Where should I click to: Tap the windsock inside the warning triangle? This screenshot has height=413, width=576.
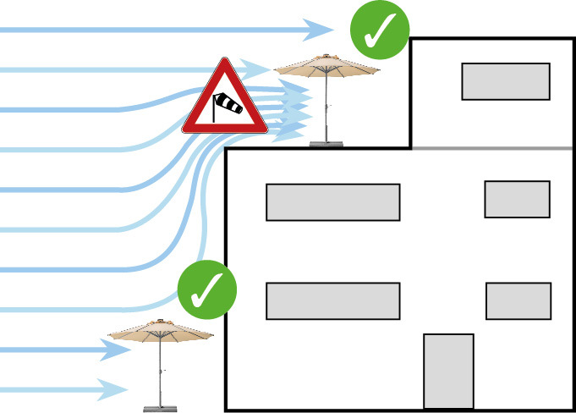[x=227, y=106]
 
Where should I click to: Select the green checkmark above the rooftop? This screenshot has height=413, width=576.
[x=380, y=30]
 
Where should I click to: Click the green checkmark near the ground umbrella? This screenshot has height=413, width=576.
[x=207, y=291]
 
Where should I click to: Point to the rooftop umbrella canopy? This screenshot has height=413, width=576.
[x=327, y=67]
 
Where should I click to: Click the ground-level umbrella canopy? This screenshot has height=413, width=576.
[x=161, y=330]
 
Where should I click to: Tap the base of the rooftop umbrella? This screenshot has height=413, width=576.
[x=326, y=143]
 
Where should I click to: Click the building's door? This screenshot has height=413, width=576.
[x=448, y=371]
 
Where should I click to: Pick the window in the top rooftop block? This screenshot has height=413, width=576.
[x=506, y=81]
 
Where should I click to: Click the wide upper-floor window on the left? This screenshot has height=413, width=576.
[x=332, y=202]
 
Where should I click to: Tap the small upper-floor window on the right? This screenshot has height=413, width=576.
[x=517, y=199]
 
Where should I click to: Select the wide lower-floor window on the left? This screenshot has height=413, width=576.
[x=332, y=300]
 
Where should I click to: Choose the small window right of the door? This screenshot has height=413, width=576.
[x=518, y=300]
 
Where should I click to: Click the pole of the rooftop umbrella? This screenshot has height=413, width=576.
[x=326, y=106]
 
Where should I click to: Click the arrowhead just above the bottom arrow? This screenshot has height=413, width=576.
[x=123, y=349]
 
